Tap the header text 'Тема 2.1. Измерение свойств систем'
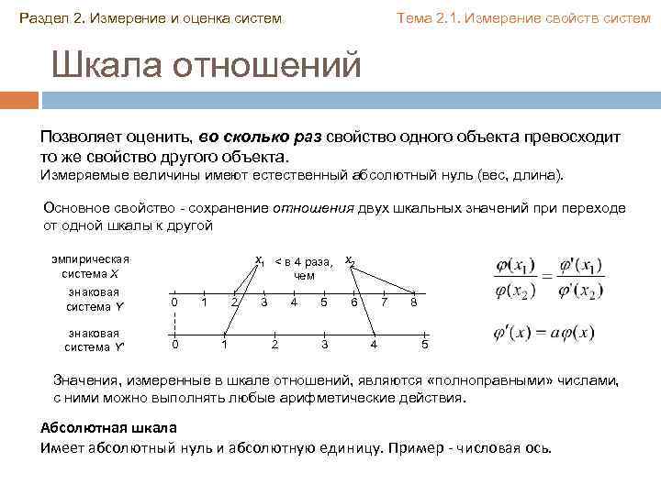pos(522,18)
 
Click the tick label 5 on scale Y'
pos(423,344)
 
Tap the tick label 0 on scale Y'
pos(175,344)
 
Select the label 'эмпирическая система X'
pos(90,266)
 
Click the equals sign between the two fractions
pos(546,275)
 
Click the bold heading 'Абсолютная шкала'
pos(108,428)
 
